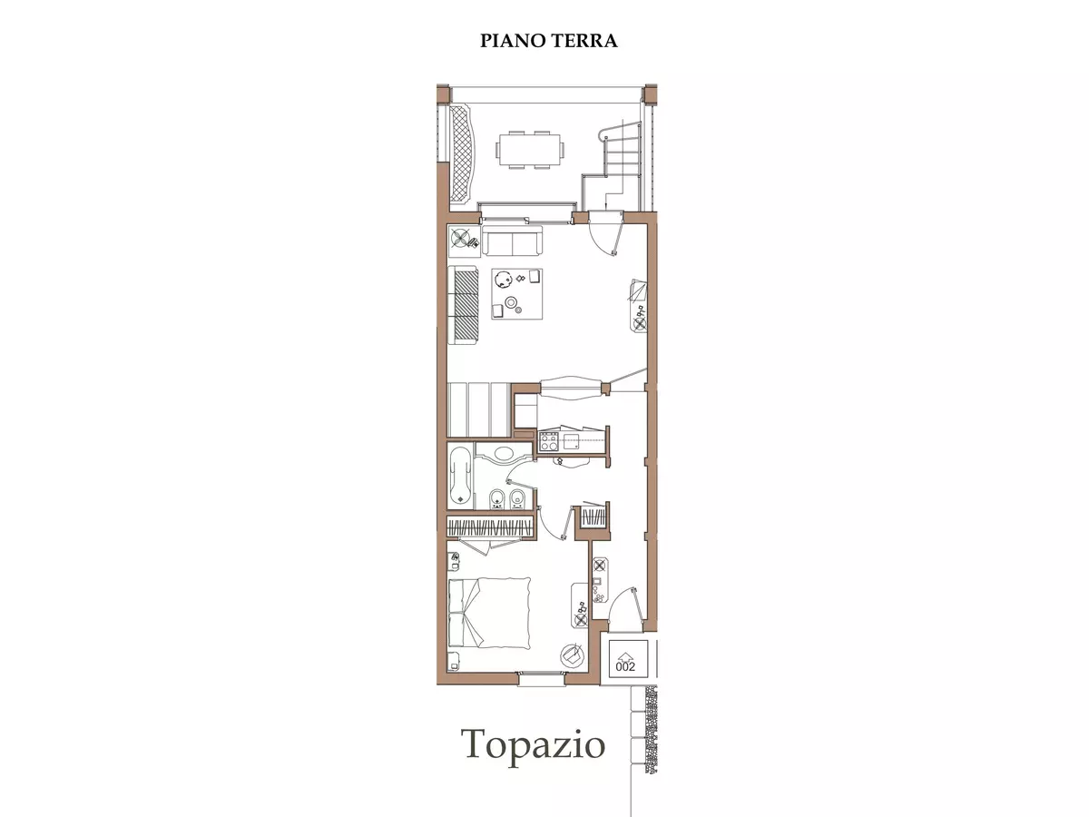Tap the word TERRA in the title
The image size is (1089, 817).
click(584, 41)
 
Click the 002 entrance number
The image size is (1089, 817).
click(625, 666)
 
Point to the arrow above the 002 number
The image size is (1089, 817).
click(625, 655)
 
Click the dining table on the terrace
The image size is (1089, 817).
click(530, 150)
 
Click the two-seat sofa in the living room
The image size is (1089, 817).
click(513, 241)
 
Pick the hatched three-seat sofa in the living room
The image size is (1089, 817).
click(463, 305)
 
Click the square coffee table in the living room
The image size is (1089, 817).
click(517, 294)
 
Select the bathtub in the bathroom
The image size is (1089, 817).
click(461, 475)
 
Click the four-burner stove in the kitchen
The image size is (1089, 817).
click(549, 441)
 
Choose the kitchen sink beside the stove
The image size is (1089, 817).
click(572, 441)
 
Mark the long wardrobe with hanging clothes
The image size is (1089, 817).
click(490, 527)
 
